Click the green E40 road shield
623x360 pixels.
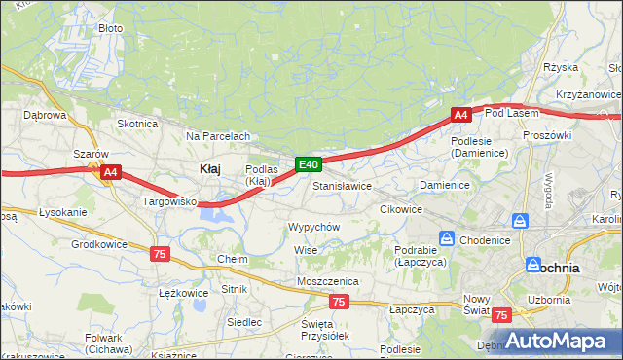309,165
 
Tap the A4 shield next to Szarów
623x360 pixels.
111,172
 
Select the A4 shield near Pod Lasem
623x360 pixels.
461,115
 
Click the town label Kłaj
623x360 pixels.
209,168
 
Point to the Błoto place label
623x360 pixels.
111,28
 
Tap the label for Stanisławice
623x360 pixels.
342,185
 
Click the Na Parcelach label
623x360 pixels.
218,136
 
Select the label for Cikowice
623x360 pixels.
400,209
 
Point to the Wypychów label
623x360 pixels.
313,226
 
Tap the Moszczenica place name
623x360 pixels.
328,281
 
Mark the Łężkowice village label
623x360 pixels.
183,292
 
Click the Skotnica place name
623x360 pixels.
137,124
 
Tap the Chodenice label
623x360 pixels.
486,239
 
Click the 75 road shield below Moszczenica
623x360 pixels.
338,303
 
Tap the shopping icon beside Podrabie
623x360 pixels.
446,237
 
